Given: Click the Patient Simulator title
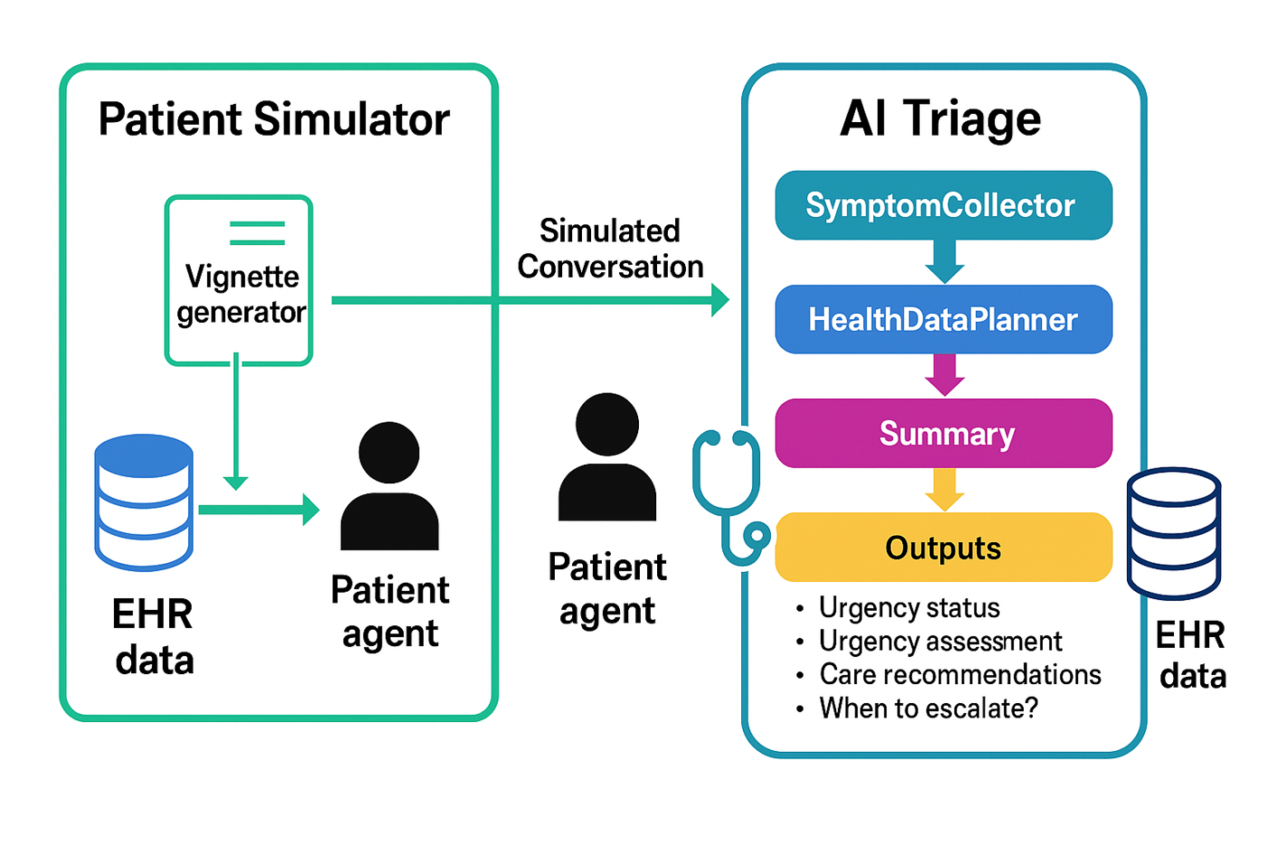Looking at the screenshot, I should pos(273,119).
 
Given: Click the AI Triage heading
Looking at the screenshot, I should pos(940,118).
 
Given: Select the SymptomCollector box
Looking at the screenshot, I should pos(943,205).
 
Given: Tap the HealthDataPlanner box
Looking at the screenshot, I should pos(943,319).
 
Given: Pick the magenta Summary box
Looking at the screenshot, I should pos(943,433).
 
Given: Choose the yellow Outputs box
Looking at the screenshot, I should pos(943,547).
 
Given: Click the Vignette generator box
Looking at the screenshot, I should pos(239,281).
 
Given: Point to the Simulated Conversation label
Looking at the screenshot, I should pos(610,249).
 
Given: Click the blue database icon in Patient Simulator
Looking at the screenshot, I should pos(144,502).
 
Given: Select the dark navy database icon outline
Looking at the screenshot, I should pos(1174,532).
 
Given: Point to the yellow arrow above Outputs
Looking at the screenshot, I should pos(944,489).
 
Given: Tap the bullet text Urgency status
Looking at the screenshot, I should pos(908,607).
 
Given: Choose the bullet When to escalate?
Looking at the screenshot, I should pos(928,708).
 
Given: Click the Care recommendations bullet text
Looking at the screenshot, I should pos(960,674).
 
